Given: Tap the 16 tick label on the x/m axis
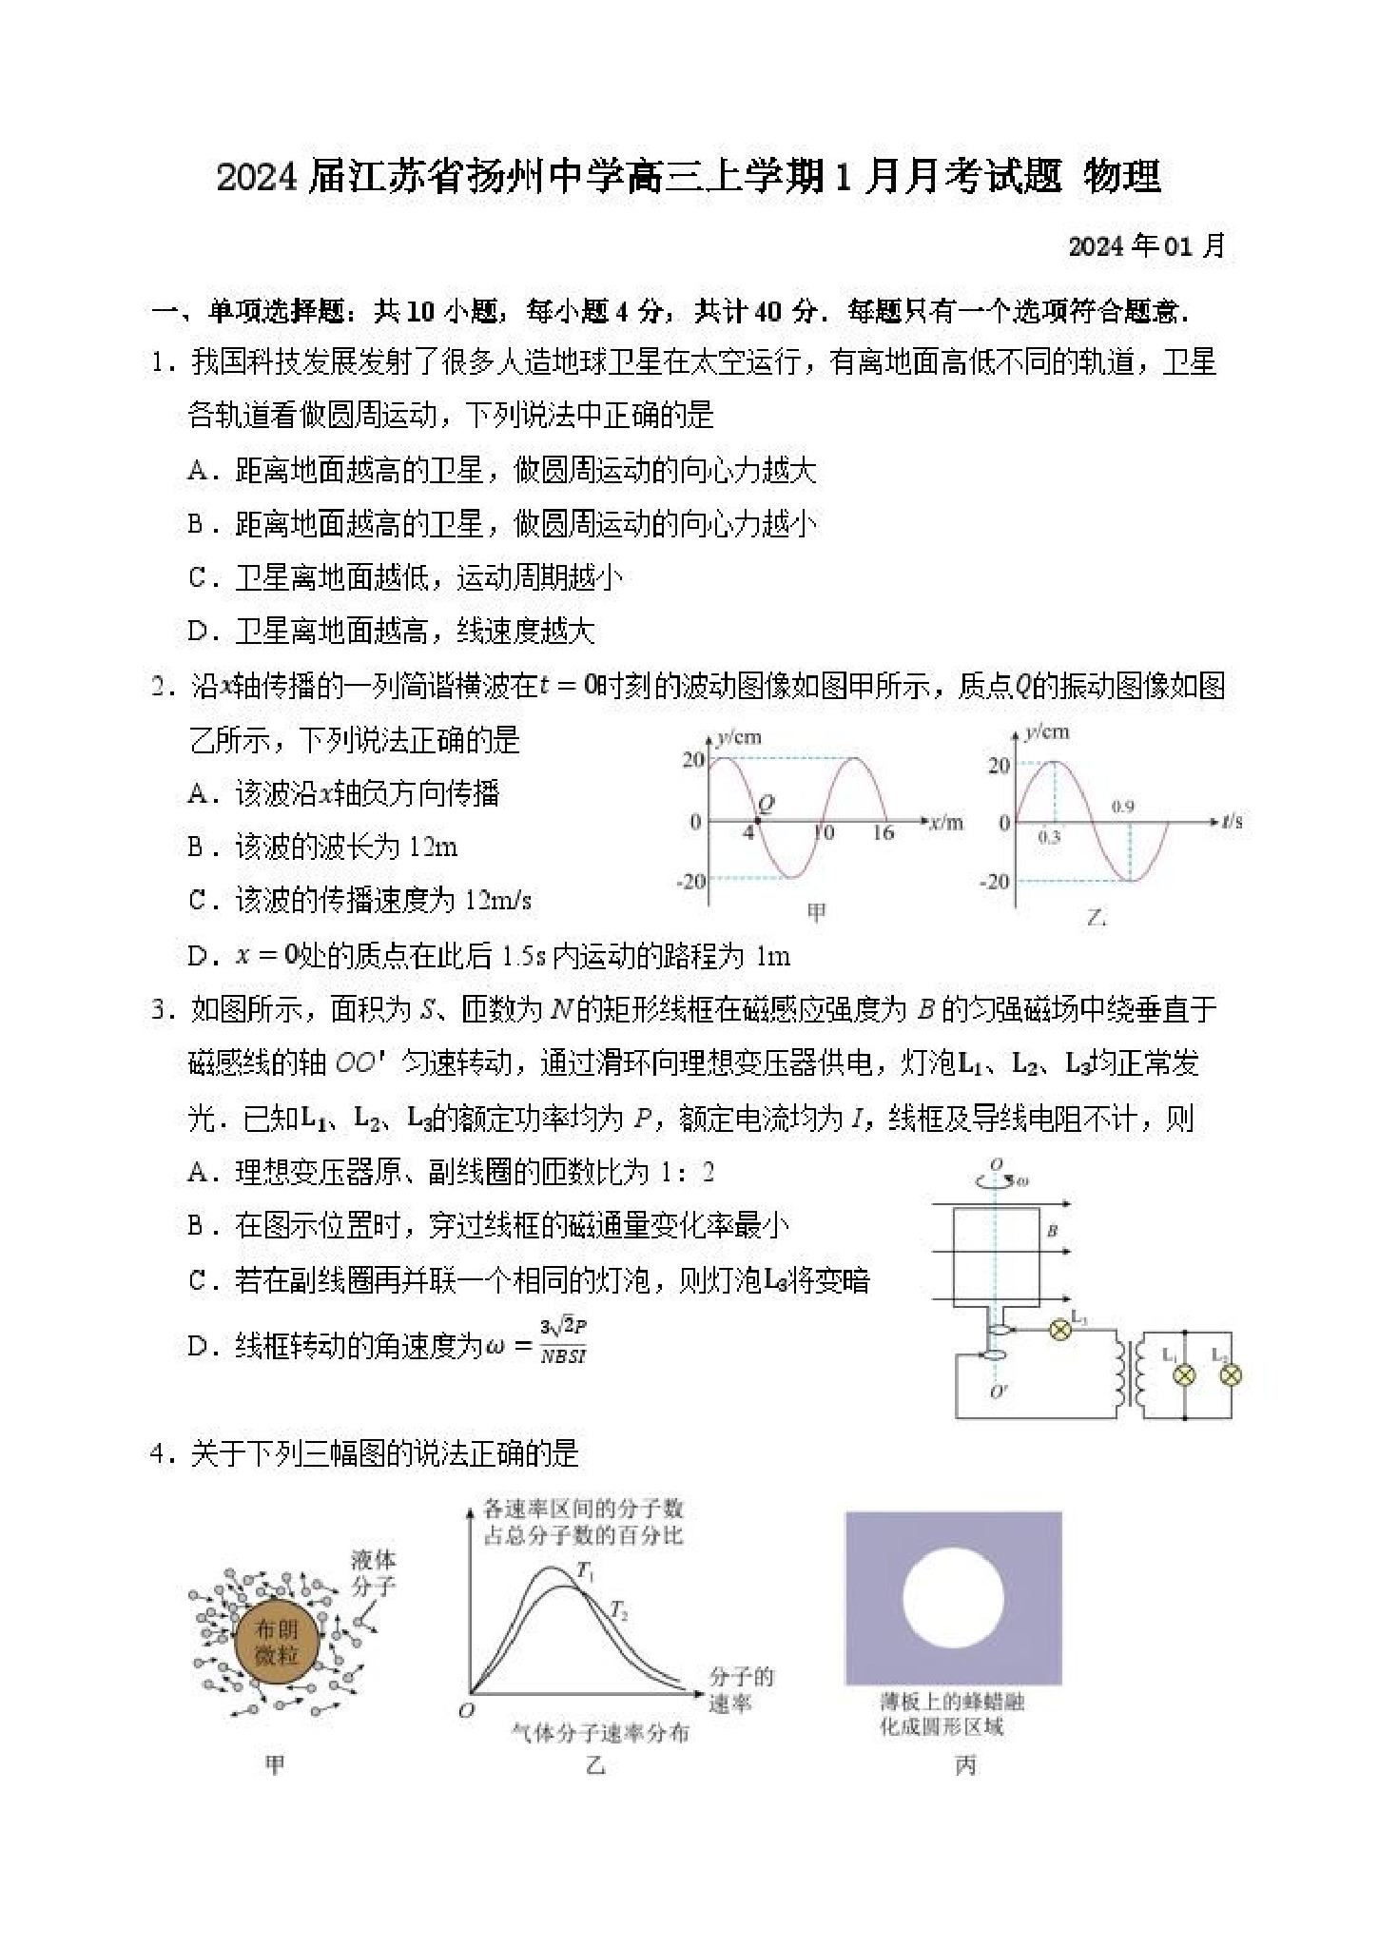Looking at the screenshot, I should coord(884,833).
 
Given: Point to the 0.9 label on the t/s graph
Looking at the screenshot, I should coord(1123,807).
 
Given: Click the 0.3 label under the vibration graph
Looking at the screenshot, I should coord(1049,837).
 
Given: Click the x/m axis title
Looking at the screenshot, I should coord(946,823).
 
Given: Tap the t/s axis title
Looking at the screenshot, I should coord(1232,821).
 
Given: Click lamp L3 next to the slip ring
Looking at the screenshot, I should coord(1059,1330).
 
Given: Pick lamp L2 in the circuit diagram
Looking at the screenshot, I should coord(1230,1375).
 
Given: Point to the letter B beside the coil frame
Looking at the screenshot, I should coord(1053,1231).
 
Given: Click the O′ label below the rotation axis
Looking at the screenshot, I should coord(998,1392).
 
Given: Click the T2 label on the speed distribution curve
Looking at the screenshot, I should coord(619,1610).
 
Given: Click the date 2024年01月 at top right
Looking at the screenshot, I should coord(1146,246).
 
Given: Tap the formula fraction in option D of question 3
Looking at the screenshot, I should coord(563,1341).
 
